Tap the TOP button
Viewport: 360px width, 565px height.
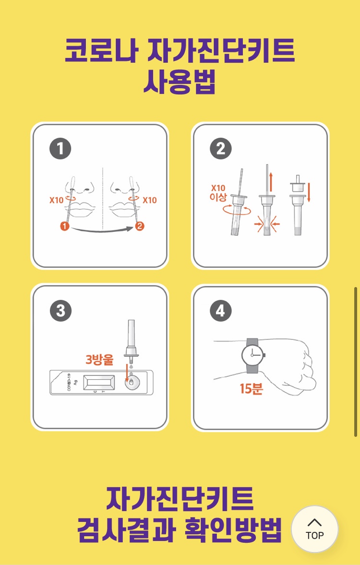[x=314, y=529]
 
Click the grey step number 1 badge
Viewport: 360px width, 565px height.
[x=60, y=149]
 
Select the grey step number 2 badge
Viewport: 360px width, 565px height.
[x=220, y=149]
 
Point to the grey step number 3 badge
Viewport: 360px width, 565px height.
[x=60, y=310]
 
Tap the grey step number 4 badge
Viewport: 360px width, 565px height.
[x=220, y=310]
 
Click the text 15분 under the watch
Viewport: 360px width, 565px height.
[x=252, y=388]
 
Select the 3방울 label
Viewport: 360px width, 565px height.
[x=99, y=359]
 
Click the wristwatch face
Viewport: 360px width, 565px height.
[x=253, y=355]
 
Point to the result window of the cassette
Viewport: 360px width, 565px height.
[x=99, y=383]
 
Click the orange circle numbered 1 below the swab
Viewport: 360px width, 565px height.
[x=65, y=226]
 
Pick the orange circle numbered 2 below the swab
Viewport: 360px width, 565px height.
[x=140, y=226]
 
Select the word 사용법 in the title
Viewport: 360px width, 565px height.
[x=180, y=83]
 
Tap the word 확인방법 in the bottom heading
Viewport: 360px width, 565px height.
[x=233, y=530]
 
